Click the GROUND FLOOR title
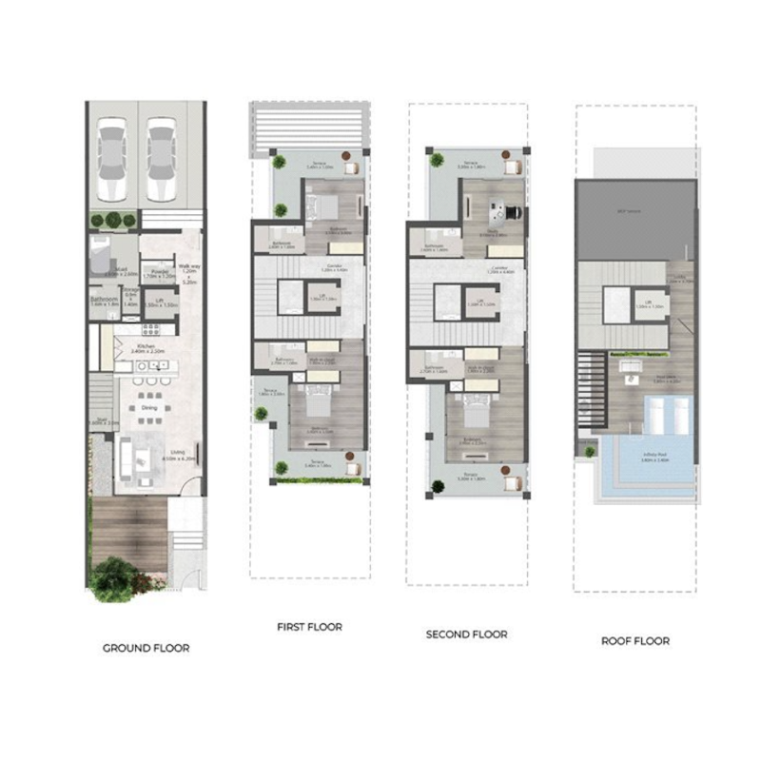tap(146, 648)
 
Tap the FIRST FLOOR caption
tap(309, 627)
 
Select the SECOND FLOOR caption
tap(466, 634)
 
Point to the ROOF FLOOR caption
tap(635, 640)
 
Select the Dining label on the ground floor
tap(149, 407)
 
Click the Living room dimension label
tap(177, 455)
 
